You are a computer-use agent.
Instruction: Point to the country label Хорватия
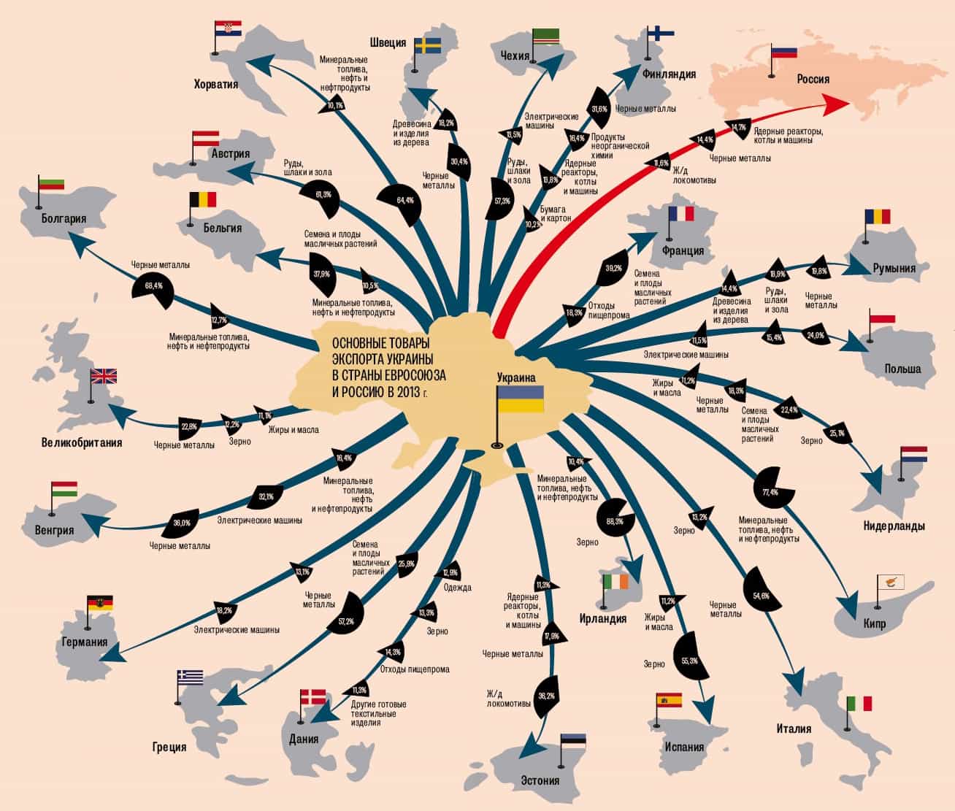pyautogui.click(x=216, y=84)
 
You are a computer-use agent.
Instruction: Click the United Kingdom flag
pyautogui.click(x=104, y=376)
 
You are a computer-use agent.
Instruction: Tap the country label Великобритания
pyautogui.click(x=82, y=442)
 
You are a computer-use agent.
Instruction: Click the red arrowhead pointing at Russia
pyautogui.click(x=833, y=106)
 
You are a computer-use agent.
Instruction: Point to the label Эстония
pyautogui.click(x=540, y=780)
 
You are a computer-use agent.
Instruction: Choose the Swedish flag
pyautogui.click(x=428, y=46)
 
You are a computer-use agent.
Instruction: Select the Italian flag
pyautogui.click(x=859, y=703)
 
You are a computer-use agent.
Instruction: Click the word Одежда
pyautogui.click(x=457, y=587)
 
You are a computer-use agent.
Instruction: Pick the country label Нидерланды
pyautogui.click(x=894, y=526)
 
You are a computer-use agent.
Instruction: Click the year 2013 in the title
pyautogui.click(x=403, y=392)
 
